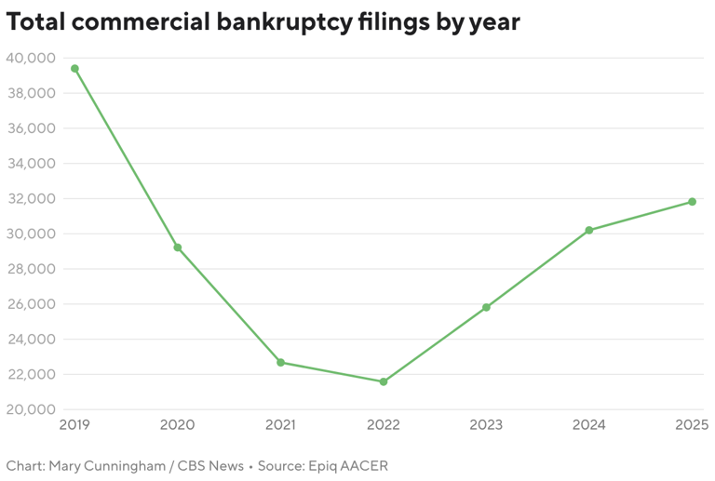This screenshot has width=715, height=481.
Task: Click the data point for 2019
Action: [74, 69]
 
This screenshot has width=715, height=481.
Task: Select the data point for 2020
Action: [178, 247]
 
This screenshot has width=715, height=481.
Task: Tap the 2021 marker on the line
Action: [280, 363]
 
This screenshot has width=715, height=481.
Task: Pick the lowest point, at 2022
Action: [384, 381]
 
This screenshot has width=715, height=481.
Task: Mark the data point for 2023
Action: [486, 307]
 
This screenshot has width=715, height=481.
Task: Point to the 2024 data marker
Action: [589, 230]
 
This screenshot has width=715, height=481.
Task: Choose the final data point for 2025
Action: [692, 202]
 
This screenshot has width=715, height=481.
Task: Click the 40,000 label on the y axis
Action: [30, 58]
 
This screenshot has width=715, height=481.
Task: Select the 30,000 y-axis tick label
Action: [30, 234]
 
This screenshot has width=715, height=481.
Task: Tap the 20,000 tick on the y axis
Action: [30, 409]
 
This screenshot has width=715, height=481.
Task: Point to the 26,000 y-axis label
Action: [30, 304]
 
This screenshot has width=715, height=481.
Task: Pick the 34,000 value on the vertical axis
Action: [30, 164]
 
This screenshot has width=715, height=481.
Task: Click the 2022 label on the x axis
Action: [384, 425]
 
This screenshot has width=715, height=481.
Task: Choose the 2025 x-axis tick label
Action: [692, 425]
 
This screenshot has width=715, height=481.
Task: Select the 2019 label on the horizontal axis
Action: [74, 425]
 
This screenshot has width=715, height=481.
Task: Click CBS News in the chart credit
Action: [209, 465]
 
